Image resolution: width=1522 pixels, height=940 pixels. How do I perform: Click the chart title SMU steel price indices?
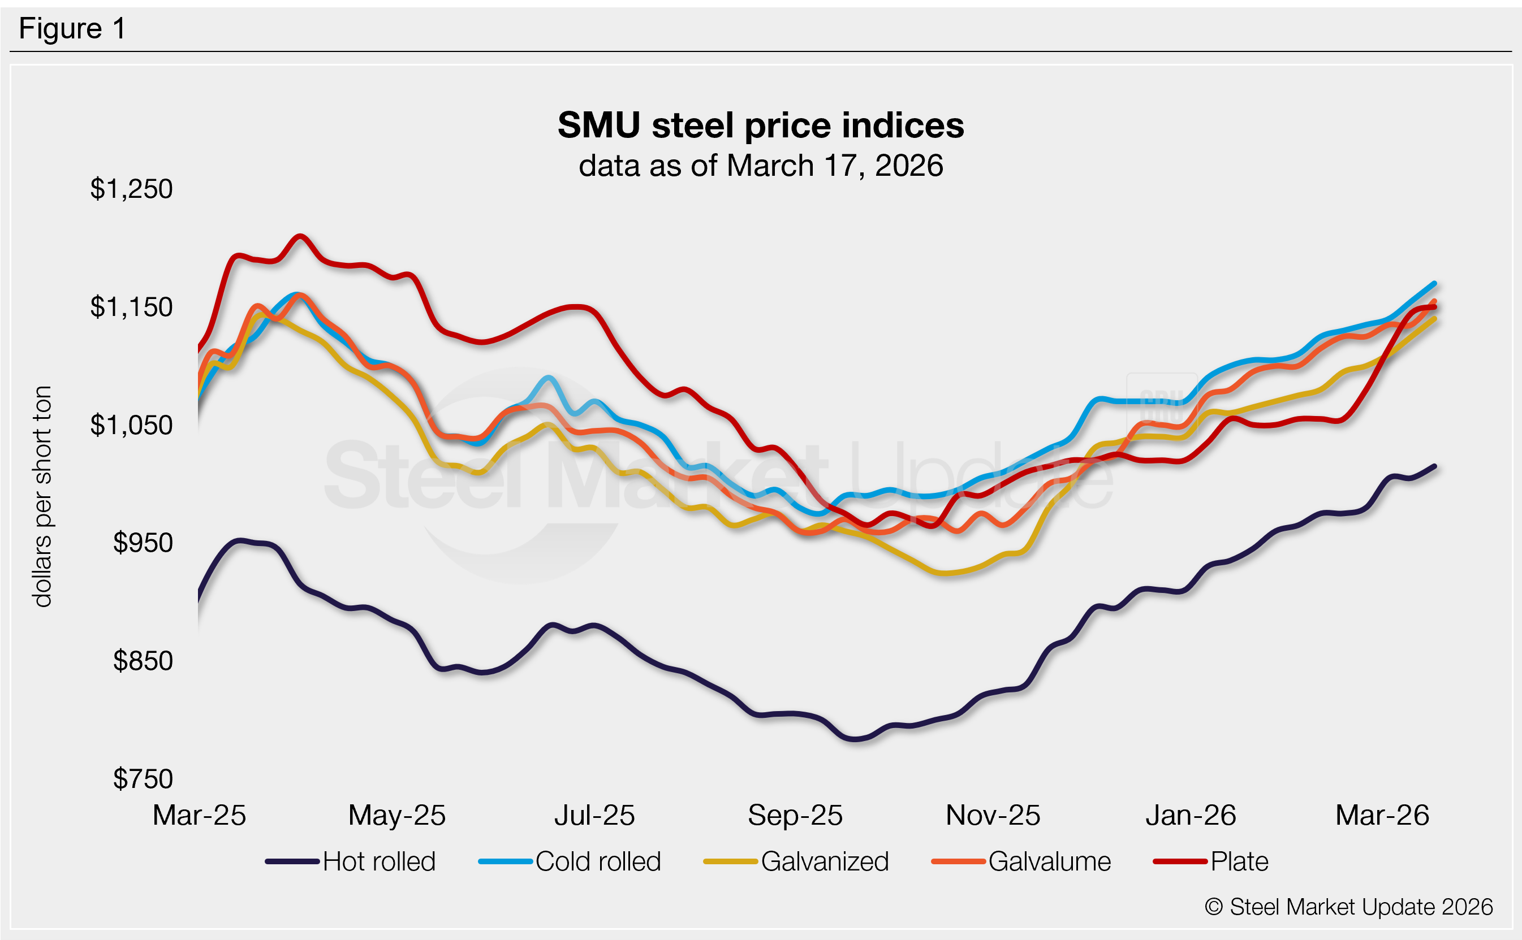click(760, 125)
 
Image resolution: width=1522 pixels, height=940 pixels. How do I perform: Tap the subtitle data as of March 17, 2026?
click(760, 166)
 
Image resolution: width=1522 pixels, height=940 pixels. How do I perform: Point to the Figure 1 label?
click(72, 29)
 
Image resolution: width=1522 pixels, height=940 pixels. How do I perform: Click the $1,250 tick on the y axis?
click(131, 189)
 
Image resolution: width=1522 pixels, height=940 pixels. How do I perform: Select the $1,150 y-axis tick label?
click(131, 307)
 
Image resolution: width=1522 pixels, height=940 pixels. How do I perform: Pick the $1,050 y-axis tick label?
click(131, 425)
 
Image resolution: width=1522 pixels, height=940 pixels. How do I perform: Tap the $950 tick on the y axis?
click(143, 543)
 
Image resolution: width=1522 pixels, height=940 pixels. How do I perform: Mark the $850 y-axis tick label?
click(143, 661)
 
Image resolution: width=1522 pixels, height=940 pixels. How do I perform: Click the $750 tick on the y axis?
click(143, 779)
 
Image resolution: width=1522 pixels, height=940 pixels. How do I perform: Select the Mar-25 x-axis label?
click(199, 815)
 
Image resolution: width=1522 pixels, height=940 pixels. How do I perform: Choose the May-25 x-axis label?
click(397, 815)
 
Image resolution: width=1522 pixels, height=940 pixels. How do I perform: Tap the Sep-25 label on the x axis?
click(795, 815)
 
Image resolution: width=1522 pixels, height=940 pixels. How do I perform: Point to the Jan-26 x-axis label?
click(1191, 815)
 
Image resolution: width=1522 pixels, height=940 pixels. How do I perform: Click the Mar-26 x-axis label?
click(1382, 815)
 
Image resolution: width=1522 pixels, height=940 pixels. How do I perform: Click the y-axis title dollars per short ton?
click(42, 496)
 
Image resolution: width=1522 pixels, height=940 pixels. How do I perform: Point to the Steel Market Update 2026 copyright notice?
click(1348, 907)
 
